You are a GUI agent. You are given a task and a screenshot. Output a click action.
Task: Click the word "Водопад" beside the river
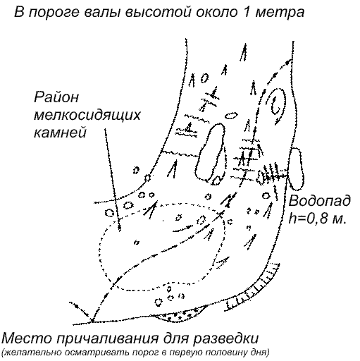coord(319,201)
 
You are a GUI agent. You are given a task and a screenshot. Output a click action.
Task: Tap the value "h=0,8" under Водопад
coord(308,218)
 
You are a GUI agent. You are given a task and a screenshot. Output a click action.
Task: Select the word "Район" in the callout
coord(56,97)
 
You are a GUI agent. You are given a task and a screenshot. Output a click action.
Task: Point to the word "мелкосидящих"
coord(87,116)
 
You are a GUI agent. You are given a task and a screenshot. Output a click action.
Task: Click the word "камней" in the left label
coord(60,133)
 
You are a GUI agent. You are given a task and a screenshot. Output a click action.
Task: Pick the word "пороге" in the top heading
coord(54,12)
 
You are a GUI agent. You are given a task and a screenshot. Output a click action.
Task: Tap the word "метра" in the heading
coord(280,13)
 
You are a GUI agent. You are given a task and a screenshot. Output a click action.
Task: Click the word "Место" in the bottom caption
coord(26,338)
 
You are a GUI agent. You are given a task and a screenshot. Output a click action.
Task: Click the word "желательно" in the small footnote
coord(30,353)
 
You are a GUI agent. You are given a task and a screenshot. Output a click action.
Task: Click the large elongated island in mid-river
coord(210,152)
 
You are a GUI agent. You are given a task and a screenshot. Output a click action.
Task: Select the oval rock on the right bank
coord(297,169)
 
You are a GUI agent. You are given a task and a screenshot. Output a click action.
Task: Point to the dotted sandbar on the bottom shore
coord(181,314)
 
